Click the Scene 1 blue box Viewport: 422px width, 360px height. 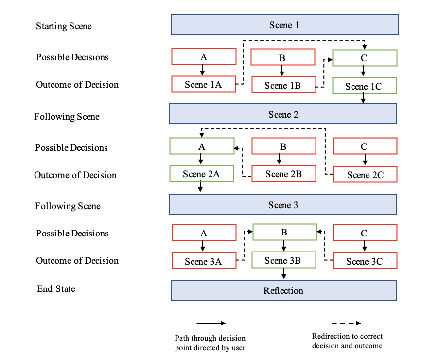284,24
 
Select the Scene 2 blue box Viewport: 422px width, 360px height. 283,114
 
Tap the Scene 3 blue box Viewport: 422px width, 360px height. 283,205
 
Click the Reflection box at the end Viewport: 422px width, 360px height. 284,290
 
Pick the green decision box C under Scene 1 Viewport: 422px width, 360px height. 364,57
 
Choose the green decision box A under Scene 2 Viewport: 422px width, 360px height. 201,146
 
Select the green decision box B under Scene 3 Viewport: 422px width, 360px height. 284,232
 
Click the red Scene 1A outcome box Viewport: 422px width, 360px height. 203,84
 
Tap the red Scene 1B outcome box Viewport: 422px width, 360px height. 283,85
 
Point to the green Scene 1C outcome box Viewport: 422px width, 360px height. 364,86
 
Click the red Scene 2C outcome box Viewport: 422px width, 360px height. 365,175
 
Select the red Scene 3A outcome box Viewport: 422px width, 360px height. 203,261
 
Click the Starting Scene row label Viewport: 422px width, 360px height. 64,26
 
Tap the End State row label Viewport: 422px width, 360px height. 56,289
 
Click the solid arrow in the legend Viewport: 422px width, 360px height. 211,323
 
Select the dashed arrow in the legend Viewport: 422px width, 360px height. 346,323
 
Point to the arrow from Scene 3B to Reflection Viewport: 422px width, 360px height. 284,274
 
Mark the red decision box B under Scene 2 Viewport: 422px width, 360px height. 283,146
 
